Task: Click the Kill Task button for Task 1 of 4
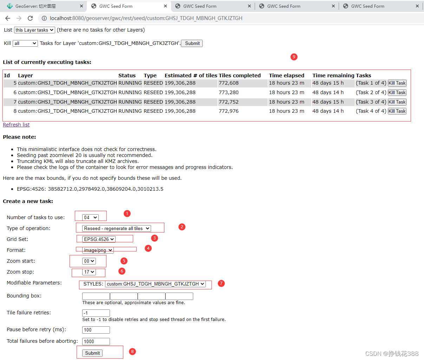397,83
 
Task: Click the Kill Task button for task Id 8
397,111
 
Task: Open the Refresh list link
16,125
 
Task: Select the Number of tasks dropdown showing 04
90,217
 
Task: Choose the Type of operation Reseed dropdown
117,228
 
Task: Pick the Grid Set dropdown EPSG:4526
99,239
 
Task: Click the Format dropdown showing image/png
98,250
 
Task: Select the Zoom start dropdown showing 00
89,261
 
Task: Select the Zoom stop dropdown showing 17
89,272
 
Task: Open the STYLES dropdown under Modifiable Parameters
156,284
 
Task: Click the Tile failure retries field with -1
96,313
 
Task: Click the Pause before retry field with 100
96,330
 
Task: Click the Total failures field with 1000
96,341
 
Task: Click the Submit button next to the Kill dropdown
192,44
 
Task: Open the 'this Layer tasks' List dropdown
34,30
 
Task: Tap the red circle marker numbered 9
294,57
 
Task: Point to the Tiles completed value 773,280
229,93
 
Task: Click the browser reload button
30,18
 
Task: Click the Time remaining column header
333,76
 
